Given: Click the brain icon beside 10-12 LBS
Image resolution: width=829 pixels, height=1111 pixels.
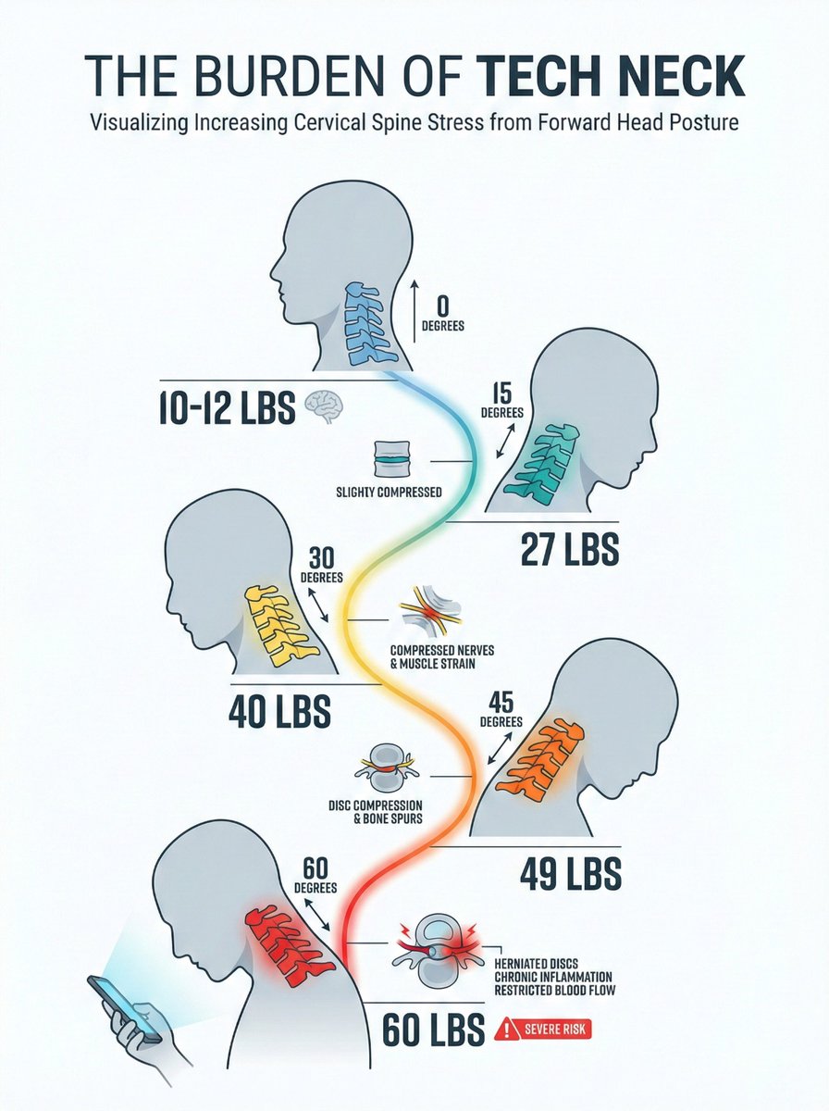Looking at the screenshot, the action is [x=324, y=406].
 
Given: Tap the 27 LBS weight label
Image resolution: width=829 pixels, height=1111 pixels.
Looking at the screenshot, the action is [x=570, y=549].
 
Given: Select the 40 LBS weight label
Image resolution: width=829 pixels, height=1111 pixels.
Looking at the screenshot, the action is [x=279, y=711].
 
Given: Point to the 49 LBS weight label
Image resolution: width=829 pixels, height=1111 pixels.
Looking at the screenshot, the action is [x=571, y=873].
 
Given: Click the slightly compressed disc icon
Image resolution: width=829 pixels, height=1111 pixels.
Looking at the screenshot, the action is [x=392, y=459].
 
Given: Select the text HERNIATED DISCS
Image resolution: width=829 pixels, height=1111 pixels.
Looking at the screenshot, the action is [x=536, y=965].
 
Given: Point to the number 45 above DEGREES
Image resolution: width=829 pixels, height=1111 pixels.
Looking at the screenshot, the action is [x=501, y=703].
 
